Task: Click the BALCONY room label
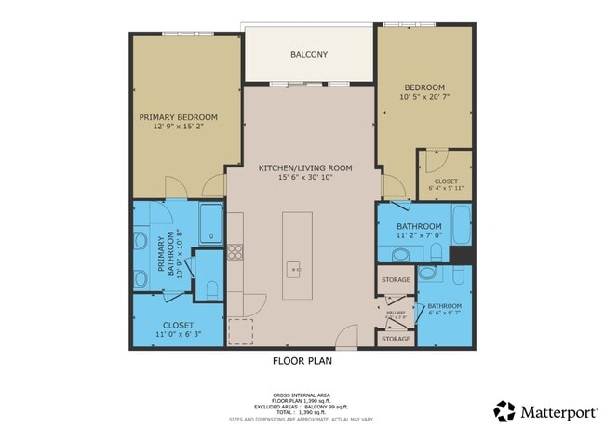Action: coord(308,55)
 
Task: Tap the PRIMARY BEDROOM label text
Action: coord(178,117)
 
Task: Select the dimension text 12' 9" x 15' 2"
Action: coord(178,128)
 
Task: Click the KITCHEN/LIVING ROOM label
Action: coord(305,167)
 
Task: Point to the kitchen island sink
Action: coord(295,270)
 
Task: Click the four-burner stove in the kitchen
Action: coord(235,250)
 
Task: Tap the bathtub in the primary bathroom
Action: coord(211,224)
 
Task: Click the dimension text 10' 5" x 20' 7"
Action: coord(423,96)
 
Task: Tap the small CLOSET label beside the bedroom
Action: coord(446,181)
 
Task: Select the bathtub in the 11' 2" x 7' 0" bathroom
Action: coord(462,225)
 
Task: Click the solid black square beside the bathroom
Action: coord(460,255)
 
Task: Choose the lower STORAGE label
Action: coord(396,339)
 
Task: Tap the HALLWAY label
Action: coord(396,313)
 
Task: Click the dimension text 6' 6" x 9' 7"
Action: coord(445,314)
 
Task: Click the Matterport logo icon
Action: coord(504,409)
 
